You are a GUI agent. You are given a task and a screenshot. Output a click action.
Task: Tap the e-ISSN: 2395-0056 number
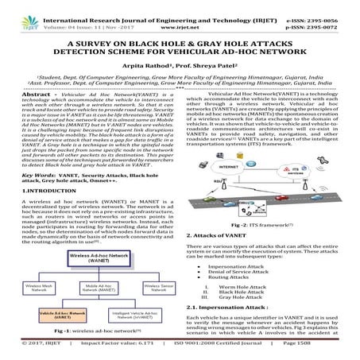click(x=325, y=8)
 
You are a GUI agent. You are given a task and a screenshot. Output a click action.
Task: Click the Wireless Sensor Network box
click(x=143, y=288)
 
